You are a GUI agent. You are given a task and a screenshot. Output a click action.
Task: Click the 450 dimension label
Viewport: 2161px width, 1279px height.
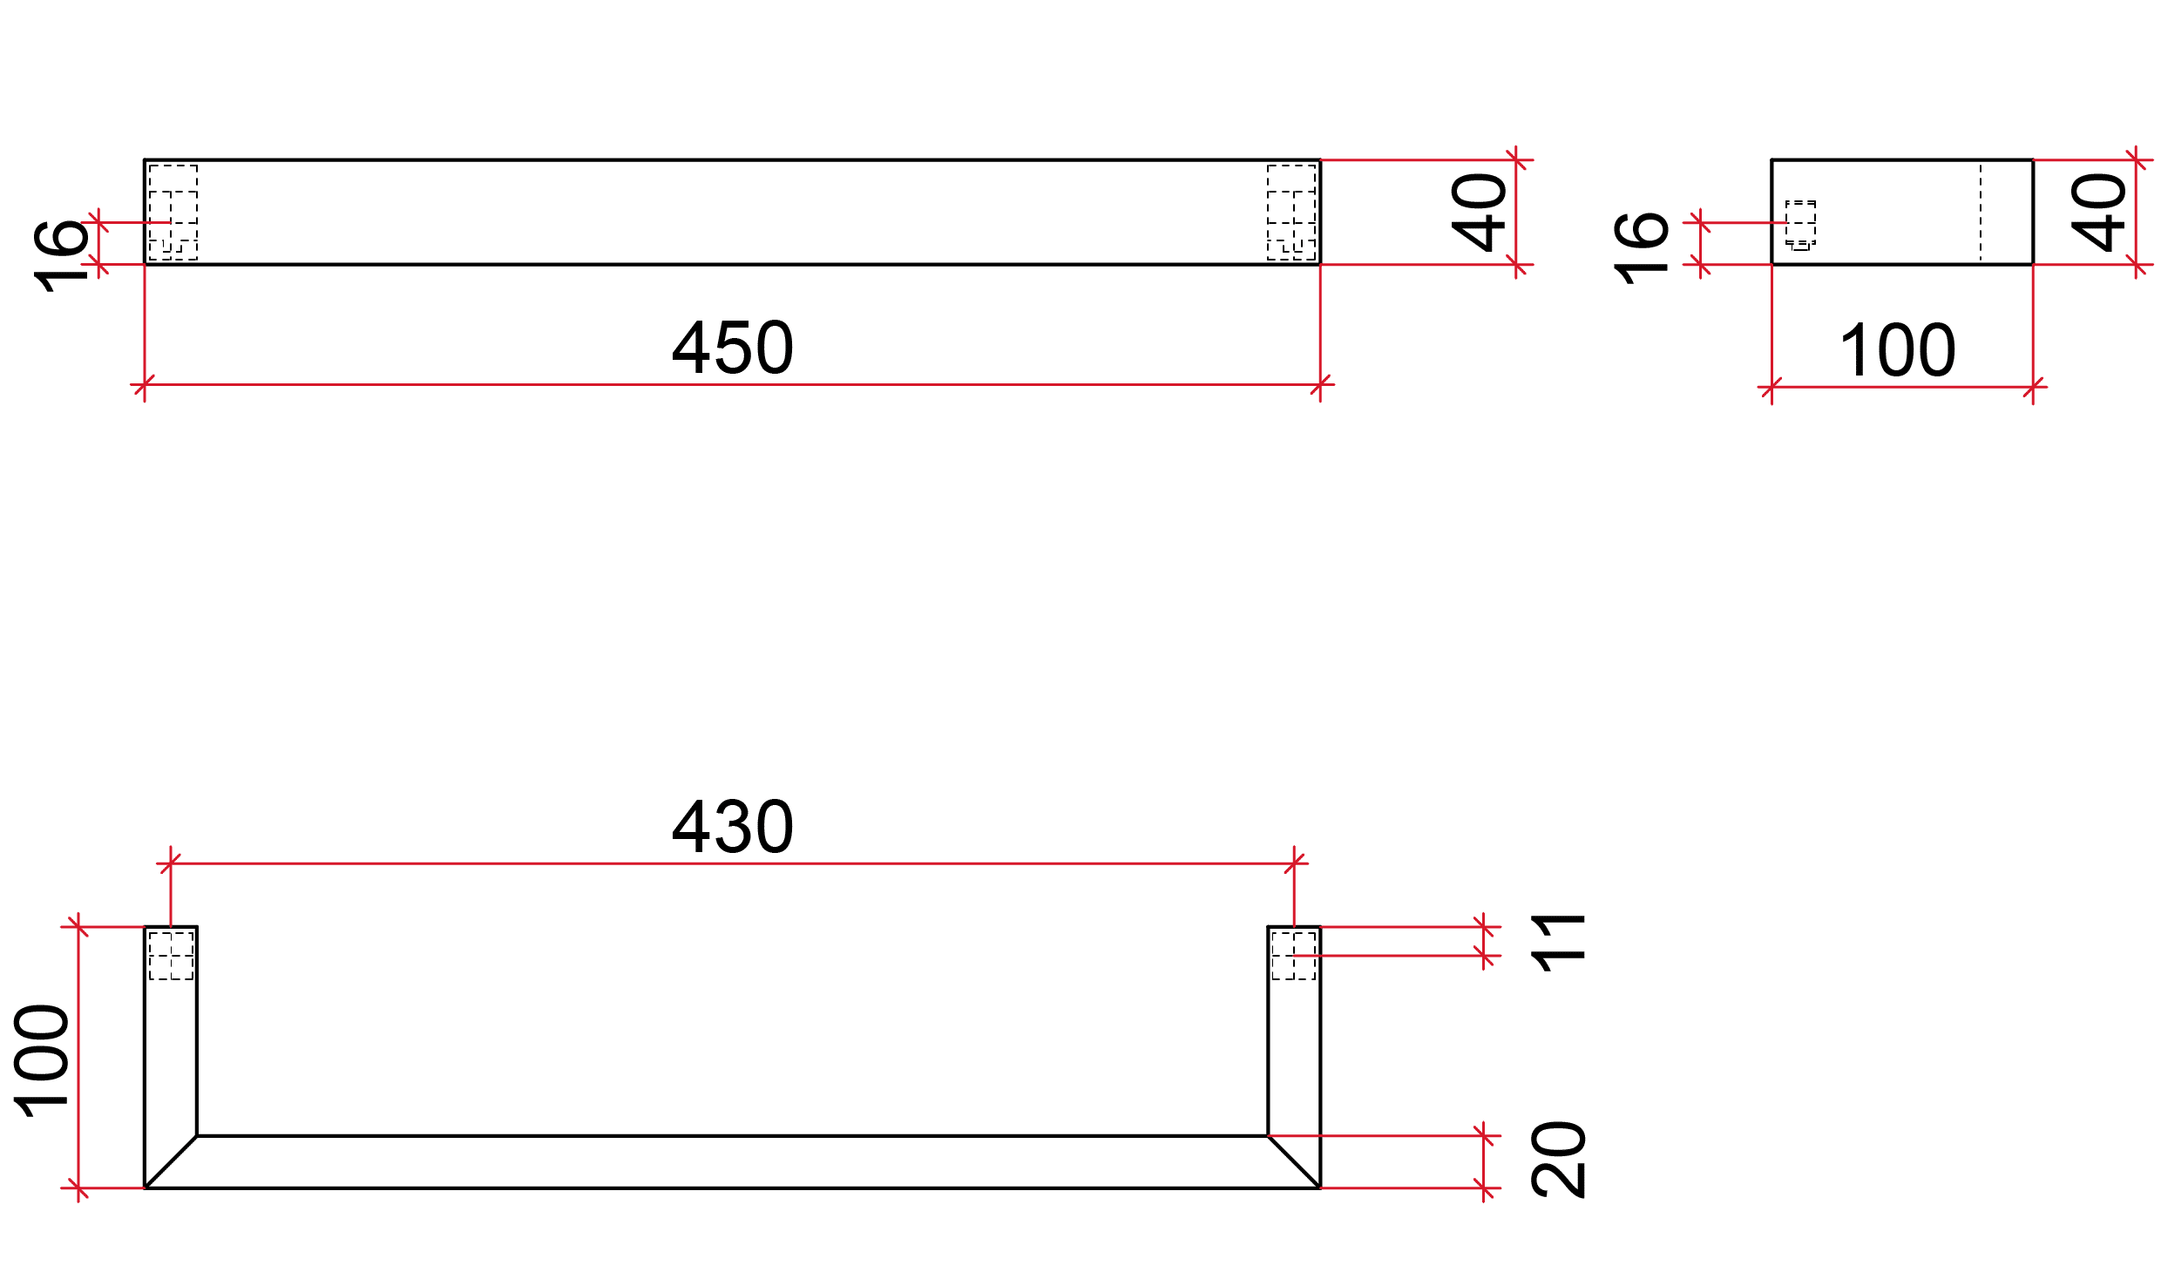tap(733, 348)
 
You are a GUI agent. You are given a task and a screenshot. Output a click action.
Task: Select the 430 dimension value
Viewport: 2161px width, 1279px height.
tap(733, 827)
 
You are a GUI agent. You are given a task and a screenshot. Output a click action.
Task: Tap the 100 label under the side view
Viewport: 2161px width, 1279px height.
tap(1897, 350)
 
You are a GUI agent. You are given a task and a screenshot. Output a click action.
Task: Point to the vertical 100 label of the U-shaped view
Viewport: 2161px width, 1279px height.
tap(42, 1060)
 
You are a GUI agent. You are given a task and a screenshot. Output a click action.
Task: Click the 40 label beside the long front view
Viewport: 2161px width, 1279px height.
tap(1479, 213)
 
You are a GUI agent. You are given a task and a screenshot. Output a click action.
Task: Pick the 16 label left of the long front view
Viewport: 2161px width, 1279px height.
tap(61, 254)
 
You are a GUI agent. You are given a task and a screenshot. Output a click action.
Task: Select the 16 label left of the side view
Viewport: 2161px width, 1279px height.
tap(1641, 247)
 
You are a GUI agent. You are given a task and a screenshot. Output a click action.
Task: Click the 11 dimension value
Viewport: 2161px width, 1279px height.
tap(1559, 943)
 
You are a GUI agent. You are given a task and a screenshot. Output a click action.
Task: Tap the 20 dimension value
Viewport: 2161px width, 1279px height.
tap(1559, 1160)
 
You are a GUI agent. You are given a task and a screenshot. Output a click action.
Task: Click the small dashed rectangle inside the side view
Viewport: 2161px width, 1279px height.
tap(1800, 224)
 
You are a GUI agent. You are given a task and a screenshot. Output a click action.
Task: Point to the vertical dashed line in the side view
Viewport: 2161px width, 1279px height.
tap(1981, 213)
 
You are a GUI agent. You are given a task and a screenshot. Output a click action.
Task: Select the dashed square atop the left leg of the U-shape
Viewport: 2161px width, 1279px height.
tap(171, 956)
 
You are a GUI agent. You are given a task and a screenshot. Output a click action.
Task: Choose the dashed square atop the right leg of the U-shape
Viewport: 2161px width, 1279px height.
tap(1293, 956)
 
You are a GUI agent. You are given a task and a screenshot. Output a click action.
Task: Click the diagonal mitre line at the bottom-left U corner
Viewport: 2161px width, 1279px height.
tap(171, 1161)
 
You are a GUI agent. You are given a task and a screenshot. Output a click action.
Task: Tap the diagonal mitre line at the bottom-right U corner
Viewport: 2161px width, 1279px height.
tap(1294, 1161)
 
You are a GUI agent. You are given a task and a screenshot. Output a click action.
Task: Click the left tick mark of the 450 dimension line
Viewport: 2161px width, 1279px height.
tap(145, 384)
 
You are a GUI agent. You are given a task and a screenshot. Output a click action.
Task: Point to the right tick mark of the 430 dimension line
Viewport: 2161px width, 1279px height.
tap(1294, 863)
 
